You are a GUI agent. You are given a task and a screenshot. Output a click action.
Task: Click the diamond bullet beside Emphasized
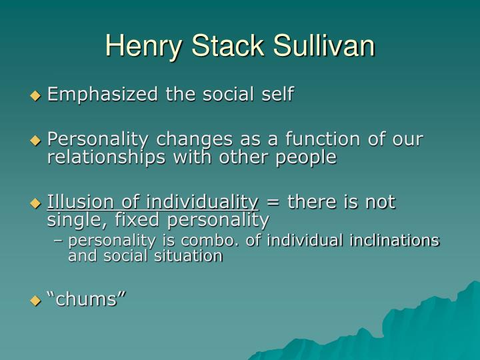pyautogui.click(x=36, y=95)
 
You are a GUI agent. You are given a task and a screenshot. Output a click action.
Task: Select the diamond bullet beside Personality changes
pyautogui.click(x=36, y=141)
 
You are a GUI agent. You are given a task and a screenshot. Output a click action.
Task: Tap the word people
pyautogui.click(x=307, y=158)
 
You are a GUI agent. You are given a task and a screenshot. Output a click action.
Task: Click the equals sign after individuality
pyautogui.click(x=273, y=202)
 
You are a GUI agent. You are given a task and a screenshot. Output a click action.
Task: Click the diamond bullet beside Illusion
pyautogui.click(x=36, y=203)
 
